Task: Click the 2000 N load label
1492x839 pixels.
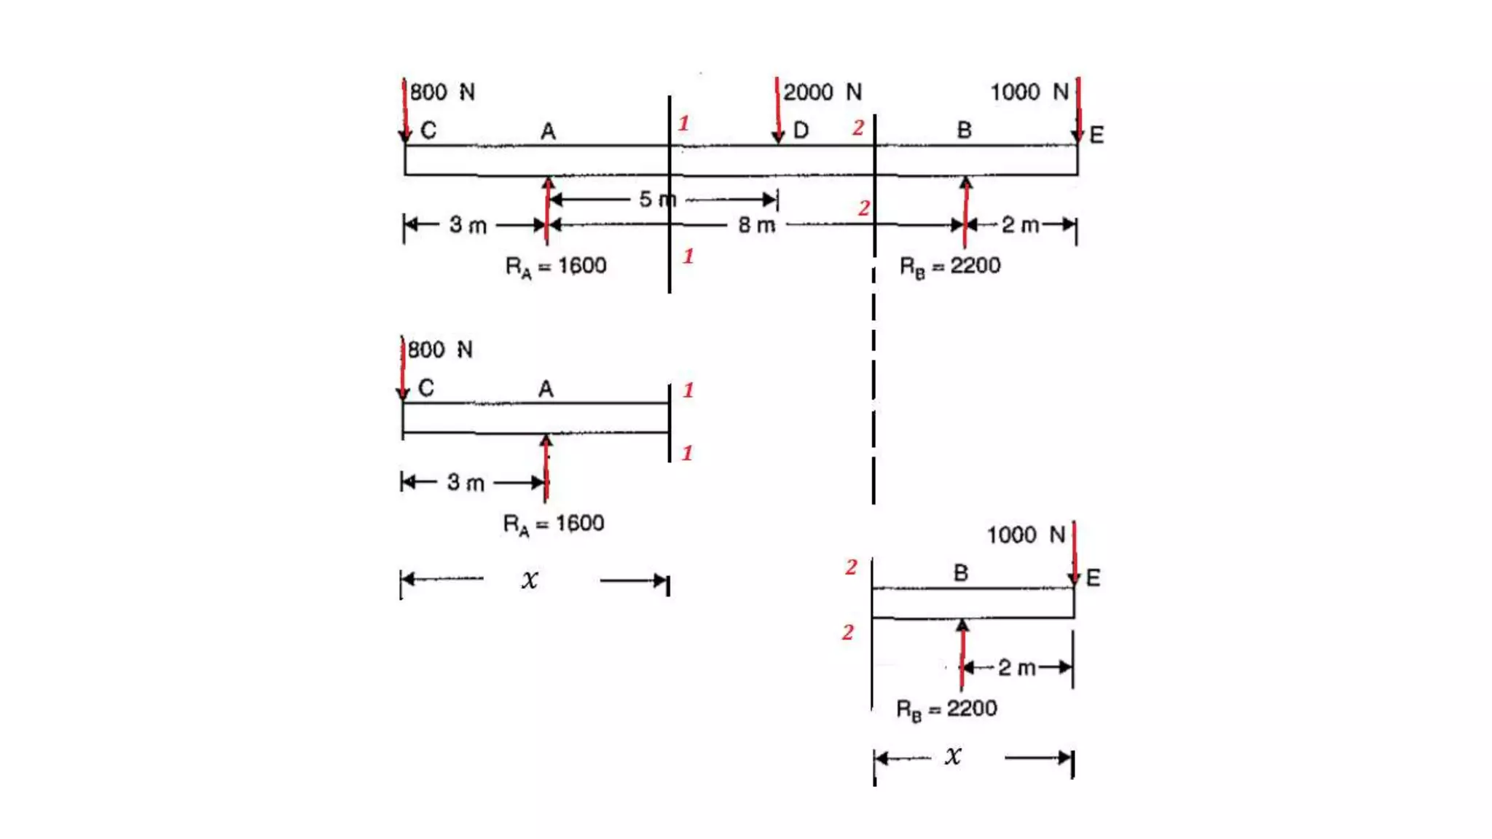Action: coord(822,92)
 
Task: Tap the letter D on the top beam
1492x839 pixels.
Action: coord(801,130)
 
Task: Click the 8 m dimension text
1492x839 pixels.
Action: coord(756,225)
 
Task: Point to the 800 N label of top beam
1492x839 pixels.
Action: coord(441,92)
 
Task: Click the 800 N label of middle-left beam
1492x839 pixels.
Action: coord(439,350)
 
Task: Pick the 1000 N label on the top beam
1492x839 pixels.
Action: coord(1029,92)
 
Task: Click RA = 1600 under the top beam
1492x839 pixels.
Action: coord(556,267)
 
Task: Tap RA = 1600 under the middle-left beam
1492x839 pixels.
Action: coord(554,524)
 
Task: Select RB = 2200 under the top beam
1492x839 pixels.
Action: coord(950,267)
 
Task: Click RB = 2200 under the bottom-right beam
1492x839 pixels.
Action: coord(946,709)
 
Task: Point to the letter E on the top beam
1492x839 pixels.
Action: coord(1096,135)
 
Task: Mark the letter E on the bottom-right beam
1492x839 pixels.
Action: coord(1093,578)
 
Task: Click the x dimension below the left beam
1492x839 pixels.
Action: coord(530,580)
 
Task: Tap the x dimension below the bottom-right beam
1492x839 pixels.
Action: coord(953,757)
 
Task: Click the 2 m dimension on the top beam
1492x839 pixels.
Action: coord(1020,225)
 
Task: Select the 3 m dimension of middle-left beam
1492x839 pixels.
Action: coord(466,483)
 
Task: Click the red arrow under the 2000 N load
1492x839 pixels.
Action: coord(777,109)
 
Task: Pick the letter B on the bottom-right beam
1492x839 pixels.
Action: coord(961,573)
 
